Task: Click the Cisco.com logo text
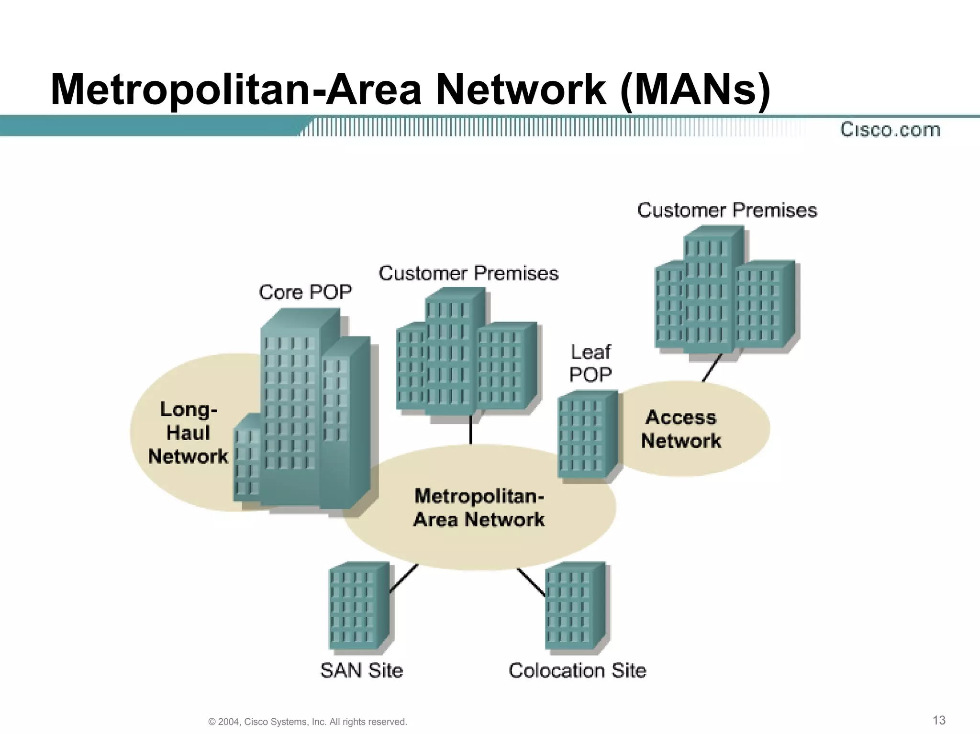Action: [x=890, y=130]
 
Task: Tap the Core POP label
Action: [x=305, y=292]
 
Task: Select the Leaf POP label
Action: [x=590, y=363]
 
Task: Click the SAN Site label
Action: [x=361, y=670]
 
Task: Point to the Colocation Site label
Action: [x=577, y=670]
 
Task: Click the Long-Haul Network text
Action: [x=188, y=433]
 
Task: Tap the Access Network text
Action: [x=681, y=429]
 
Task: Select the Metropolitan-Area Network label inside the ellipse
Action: [x=479, y=508]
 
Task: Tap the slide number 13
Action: [x=939, y=720]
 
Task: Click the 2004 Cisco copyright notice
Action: [x=308, y=722]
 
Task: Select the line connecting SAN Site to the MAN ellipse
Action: [x=404, y=578]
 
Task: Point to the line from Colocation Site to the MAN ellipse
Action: [x=531, y=582]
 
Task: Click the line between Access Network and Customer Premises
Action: [x=712, y=367]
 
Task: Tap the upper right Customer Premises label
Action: [x=727, y=210]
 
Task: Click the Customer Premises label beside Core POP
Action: [x=468, y=273]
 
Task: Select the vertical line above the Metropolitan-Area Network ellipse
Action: [x=471, y=429]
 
